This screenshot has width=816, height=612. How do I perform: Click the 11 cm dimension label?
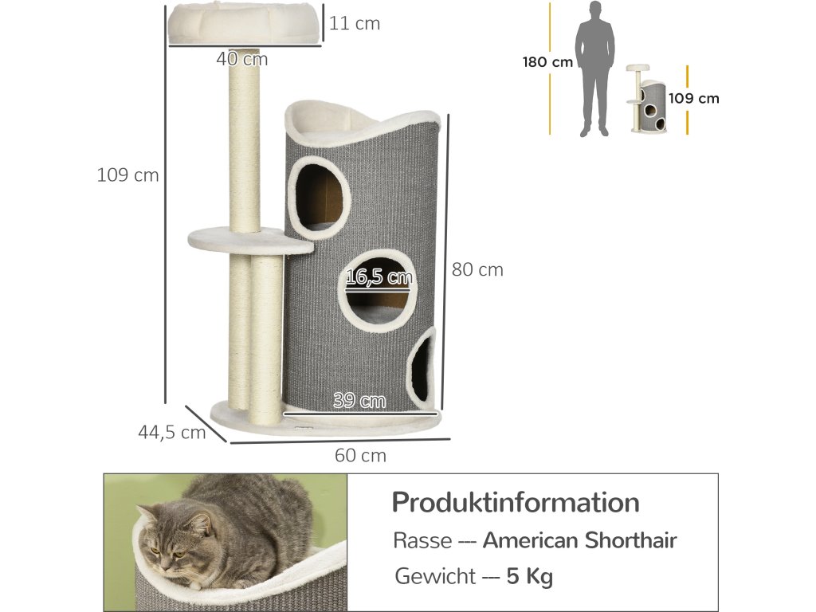coord(355,24)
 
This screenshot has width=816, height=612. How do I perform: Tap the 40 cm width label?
coord(242,59)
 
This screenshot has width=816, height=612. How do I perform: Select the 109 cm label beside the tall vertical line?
coord(127,175)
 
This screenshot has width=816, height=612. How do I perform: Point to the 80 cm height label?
coord(477,270)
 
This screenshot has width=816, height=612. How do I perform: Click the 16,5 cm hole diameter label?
coord(380,277)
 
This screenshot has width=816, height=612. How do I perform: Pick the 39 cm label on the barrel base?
coord(359,401)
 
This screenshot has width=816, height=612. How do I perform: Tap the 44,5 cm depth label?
coord(171,433)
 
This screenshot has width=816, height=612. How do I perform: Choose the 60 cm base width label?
coord(360,456)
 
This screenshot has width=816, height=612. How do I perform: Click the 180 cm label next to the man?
coord(547,62)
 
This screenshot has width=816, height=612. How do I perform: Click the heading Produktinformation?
coord(516,503)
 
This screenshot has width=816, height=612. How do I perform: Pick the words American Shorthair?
coord(579,540)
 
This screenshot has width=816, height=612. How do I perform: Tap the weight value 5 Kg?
coord(530,576)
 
